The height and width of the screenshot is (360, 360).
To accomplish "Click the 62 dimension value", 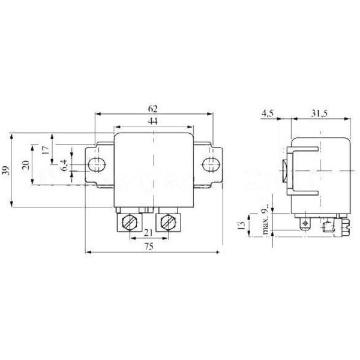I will (154, 110).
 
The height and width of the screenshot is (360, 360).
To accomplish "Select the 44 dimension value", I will (154, 122).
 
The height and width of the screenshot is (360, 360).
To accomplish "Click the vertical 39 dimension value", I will (7, 170).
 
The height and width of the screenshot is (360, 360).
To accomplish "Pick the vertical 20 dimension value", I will (26, 165).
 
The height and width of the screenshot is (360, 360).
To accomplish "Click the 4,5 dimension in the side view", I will (268, 113).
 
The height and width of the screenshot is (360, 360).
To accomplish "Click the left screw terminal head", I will (128, 224).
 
